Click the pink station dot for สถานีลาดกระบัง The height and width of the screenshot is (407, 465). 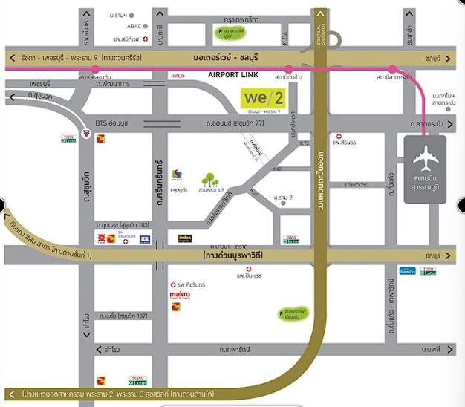pos(394,68)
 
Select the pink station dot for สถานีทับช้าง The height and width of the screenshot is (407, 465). pos(288,68)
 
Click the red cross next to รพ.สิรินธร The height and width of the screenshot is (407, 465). pos(339,137)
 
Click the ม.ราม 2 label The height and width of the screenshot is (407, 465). pos(283,198)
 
